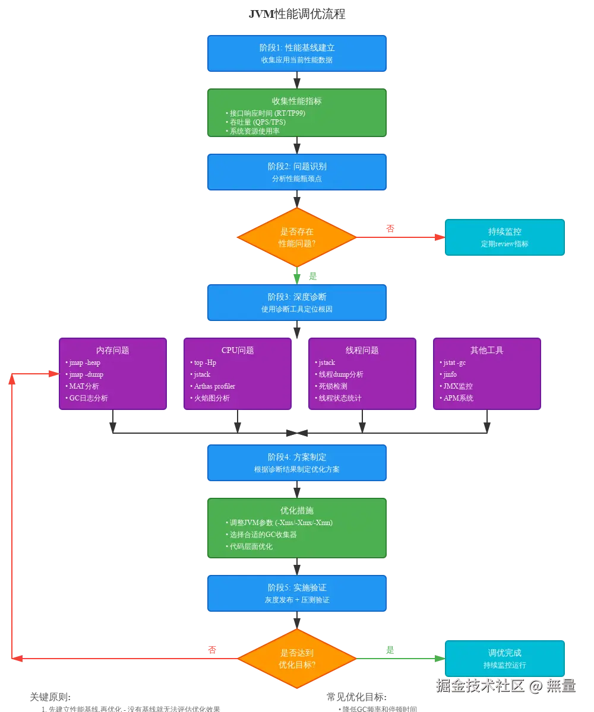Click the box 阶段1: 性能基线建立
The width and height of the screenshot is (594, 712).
297,53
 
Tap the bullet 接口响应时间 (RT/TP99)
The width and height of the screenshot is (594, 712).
267,113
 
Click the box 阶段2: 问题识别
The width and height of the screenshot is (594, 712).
297,172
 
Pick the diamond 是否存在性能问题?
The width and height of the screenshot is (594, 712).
296,237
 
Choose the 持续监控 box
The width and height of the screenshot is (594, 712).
504,237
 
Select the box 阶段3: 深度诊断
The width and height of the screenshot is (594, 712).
297,303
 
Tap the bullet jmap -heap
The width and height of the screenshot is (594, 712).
84,363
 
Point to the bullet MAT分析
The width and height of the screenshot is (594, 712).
84,386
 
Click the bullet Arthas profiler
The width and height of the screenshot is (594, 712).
214,386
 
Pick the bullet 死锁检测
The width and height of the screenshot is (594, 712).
333,386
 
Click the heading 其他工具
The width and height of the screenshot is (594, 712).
486,350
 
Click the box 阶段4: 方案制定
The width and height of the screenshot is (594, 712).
297,463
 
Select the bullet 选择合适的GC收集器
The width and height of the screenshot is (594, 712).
263,535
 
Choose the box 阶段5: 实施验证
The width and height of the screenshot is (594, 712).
297,593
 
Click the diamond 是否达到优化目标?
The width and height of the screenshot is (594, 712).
296,659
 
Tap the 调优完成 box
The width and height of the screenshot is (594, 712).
504,659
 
